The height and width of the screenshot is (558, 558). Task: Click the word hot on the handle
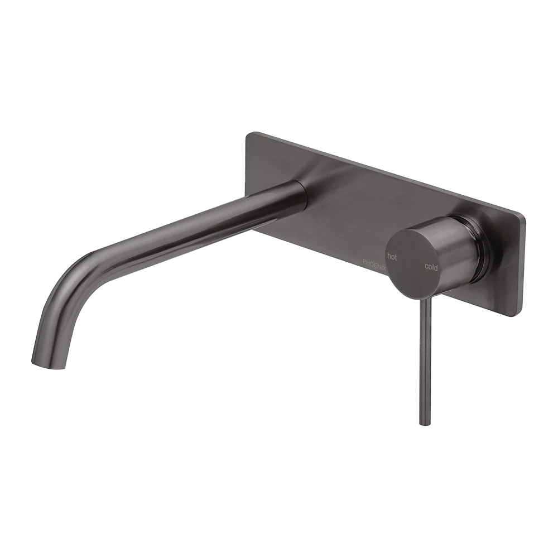coord(392,257)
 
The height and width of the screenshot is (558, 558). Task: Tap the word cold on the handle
coord(431,267)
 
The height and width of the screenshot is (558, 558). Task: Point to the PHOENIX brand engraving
coord(374,262)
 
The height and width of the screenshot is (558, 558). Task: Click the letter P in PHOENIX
coord(363,261)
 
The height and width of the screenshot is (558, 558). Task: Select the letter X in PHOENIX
coord(384,263)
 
